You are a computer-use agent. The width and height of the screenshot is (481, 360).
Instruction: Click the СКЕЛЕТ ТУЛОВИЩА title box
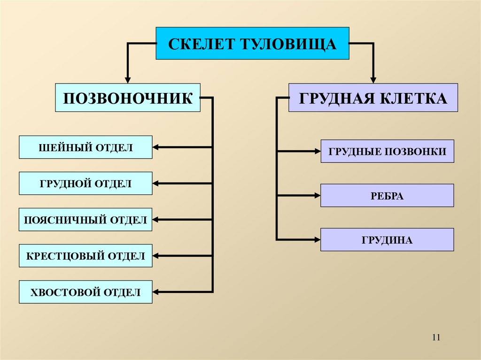pos(252,44)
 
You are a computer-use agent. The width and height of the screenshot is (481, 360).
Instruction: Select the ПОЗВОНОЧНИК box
pos(128,98)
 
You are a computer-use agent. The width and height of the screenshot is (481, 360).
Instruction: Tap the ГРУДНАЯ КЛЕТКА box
pos(373,98)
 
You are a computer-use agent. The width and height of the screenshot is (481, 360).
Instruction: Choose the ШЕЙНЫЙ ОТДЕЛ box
pos(85,147)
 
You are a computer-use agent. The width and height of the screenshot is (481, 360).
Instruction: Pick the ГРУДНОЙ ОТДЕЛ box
pos(85,184)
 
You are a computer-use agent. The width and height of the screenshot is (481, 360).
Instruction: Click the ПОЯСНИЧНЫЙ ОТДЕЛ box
pos(85,220)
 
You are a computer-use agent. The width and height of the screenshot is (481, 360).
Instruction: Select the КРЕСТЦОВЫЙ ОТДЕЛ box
pos(85,256)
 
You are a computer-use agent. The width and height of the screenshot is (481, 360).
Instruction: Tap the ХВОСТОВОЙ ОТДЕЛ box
pos(85,292)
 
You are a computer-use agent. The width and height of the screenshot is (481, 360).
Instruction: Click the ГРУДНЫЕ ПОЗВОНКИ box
pos(387,151)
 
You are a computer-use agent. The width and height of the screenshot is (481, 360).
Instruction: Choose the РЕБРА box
pos(387,196)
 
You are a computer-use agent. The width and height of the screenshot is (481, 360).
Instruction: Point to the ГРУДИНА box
pos(387,240)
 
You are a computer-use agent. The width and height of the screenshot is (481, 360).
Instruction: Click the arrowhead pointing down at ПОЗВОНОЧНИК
pos(127,80)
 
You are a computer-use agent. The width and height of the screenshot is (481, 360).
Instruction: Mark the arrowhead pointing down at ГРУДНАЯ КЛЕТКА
pos(373,80)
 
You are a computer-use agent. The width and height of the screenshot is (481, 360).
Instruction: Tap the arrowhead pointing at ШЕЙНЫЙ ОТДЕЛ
pos(156,147)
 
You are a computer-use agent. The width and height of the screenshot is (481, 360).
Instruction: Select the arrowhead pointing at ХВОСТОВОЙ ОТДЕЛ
pos(156,292)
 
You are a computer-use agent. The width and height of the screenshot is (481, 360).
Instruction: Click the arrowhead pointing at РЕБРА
pos(317,196)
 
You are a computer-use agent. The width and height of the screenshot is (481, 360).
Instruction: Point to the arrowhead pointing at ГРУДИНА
pos(317,240)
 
